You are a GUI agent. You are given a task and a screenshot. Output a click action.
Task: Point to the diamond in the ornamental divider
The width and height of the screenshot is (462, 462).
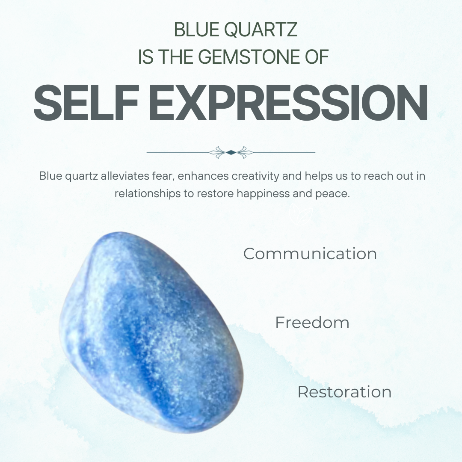(231, 152)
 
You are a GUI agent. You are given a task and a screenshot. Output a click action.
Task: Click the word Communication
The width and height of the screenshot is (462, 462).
(310, 254)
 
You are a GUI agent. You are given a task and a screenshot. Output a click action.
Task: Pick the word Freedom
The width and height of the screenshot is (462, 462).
(312, 323)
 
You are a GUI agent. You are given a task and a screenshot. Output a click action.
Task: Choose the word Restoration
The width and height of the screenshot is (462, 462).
(344, 392)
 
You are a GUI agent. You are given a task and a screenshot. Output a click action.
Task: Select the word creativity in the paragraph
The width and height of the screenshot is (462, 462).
(255, 176)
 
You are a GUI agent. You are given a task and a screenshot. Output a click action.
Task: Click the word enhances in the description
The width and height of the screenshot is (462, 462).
(203, 176)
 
